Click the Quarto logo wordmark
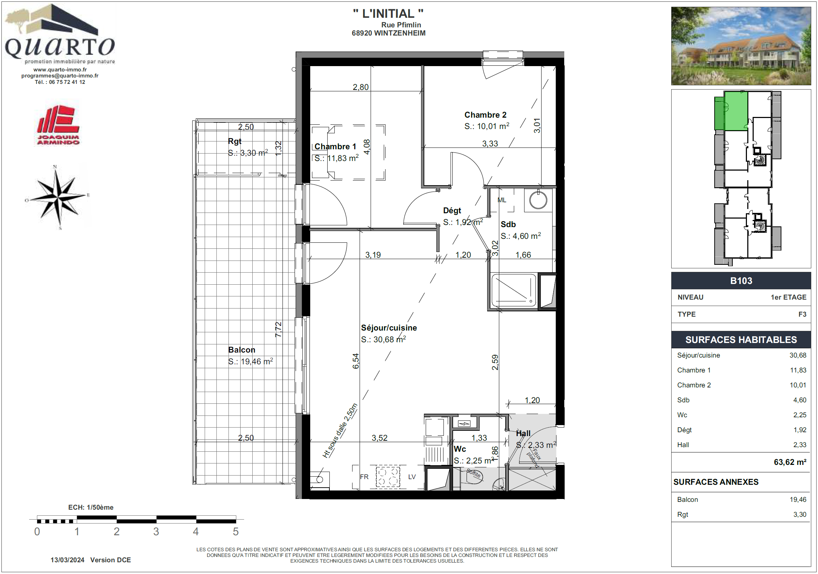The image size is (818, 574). [x=59, y=47]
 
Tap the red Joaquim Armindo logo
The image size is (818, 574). [x=58, y=125]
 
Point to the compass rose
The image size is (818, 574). [x=58, y=197]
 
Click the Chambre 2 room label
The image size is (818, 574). [x=485, y=115]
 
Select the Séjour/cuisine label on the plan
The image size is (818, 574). [x=389, y=328]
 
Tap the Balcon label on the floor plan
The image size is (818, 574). [x=242, y=350]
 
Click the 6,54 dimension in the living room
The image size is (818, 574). [x=356, y=361]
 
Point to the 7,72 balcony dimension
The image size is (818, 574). [x=278, y=329]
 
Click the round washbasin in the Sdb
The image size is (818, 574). [x=538, y=200]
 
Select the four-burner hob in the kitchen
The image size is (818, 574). [x=388, y=477]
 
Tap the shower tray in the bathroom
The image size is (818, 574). [x=514, y=290]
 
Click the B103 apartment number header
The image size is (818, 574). [x=741, y=281]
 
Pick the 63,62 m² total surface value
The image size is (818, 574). [x=790, y=462]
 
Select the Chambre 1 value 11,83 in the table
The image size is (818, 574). [x=798, y=370]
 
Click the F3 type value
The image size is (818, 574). [x=802, y=314]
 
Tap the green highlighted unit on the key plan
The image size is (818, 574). [x=736, y=111]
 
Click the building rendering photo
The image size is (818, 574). [x=741, y=46]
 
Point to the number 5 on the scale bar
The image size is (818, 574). [x=236, y=532]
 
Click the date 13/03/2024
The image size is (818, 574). [x=67, y=560]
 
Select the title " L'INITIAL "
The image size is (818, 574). [x=388, y=14]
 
